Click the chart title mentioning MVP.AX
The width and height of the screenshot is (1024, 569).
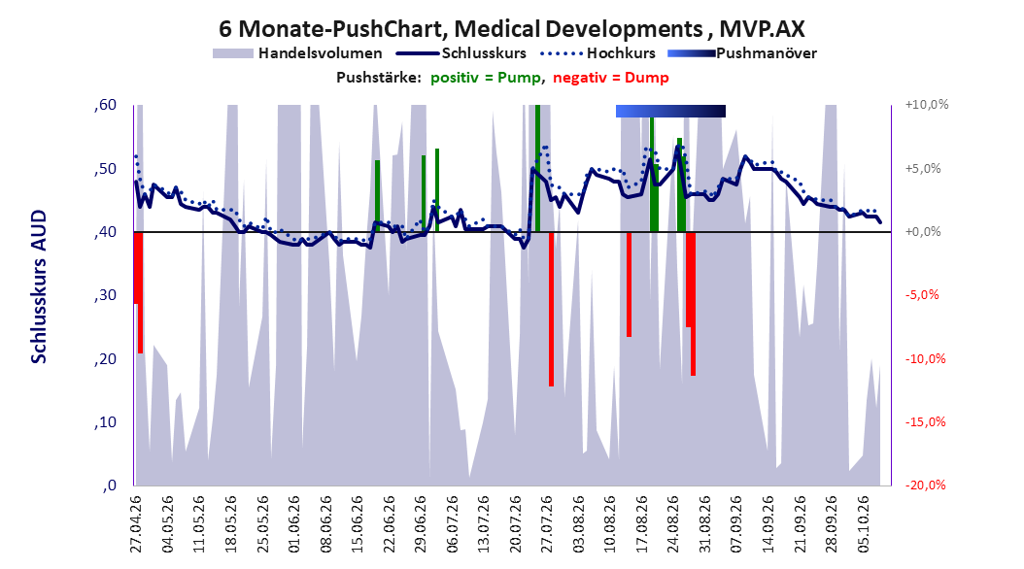(x=511, y=29)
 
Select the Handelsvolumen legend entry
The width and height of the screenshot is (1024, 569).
(x=297, y=53)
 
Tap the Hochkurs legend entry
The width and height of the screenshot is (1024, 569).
(x=598, y=53)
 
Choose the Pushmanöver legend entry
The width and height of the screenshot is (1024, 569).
(x=742, y=53)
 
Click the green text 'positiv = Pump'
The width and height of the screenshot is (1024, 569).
(x=486, y=78)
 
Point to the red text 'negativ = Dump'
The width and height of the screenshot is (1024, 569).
(x=611, y=78)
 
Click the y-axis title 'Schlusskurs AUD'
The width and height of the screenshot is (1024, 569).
(x=39, y=286)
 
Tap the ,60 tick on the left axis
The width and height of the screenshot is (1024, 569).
(x=105, y=105)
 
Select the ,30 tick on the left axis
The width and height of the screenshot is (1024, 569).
(x=105, y=295)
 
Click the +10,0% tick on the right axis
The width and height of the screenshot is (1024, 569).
(x=927, y=105)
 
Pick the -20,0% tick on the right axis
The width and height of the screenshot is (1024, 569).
(x=925, y=485)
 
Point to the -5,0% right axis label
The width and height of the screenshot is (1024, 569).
(x=922, y=295)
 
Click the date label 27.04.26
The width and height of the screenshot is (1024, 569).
(x=136, y=524)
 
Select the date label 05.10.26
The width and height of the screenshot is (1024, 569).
(x=864, y=524)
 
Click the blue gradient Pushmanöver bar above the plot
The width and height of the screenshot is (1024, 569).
(x=670, y=112)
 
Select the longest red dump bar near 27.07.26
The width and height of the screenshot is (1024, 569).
(x=551, y=310)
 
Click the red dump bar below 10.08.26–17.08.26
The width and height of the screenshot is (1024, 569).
(x=629, y=284)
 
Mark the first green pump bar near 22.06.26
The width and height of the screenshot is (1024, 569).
(x=378, y=196)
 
